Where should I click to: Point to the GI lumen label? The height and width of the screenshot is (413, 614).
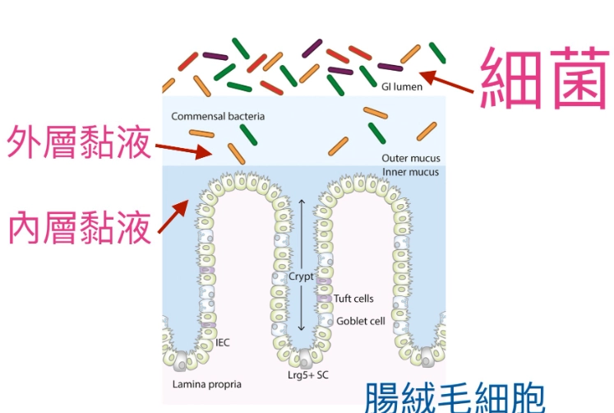pos(403,86)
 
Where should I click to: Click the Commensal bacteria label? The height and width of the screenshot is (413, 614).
pos(218,117)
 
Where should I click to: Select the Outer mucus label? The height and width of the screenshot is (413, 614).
pos(411,157)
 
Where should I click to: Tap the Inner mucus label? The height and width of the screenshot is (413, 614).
pos(410,172)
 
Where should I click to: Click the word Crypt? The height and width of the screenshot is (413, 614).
pos(300,277)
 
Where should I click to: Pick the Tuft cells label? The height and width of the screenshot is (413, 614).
pos(354,299)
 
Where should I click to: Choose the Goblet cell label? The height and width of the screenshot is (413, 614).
pos(360,321)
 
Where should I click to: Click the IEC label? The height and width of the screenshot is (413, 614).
pos(221,341)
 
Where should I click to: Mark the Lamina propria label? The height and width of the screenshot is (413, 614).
pos(206,383)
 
